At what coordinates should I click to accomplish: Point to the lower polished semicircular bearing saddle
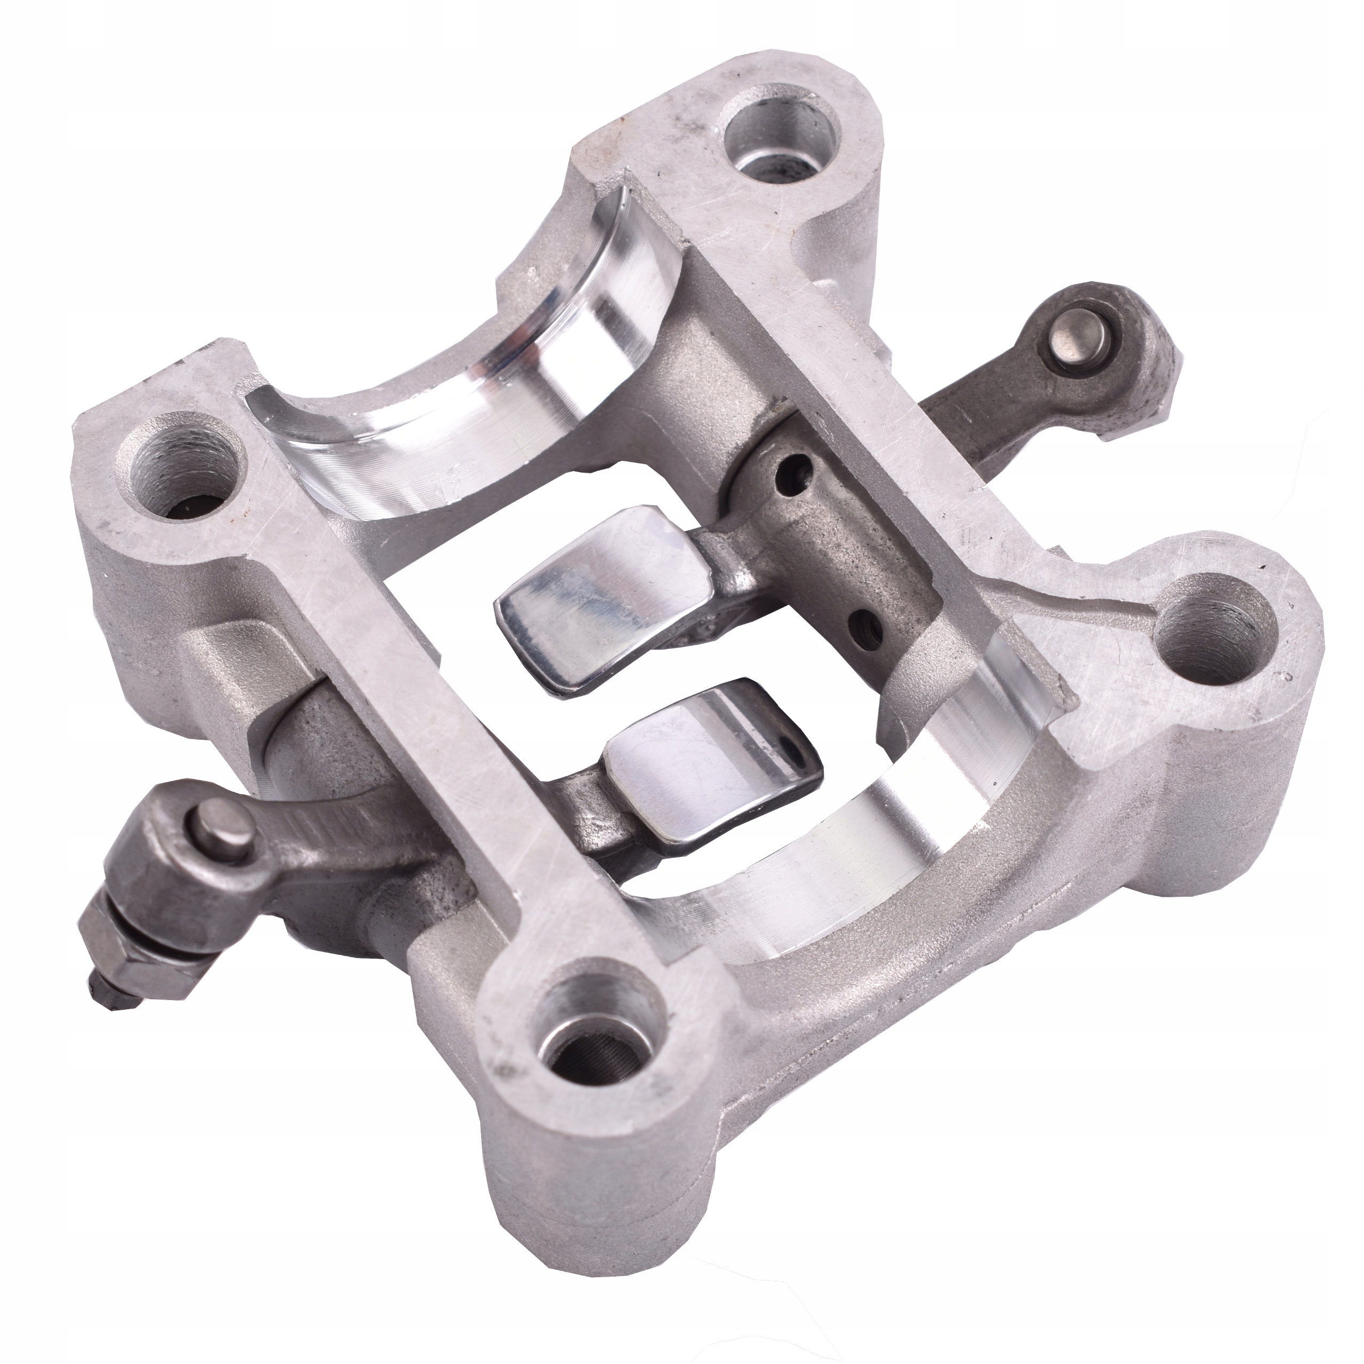882,868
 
